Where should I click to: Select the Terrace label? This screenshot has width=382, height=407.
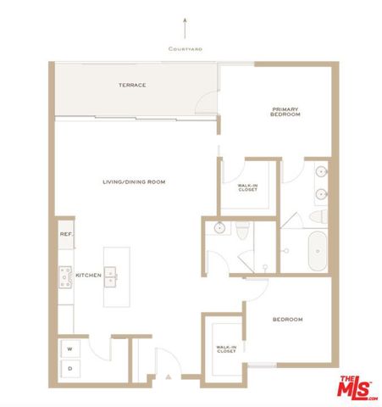pos(131,85)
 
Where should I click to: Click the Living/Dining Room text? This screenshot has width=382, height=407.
pos(133,182)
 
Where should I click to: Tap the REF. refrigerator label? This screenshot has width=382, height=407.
pos(64,235)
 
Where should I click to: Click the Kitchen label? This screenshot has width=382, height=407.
pos(89,276)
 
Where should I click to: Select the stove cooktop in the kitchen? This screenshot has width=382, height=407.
pos(64,276)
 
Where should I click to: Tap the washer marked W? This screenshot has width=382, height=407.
pos(69,348)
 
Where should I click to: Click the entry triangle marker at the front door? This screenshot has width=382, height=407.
pos(169,374)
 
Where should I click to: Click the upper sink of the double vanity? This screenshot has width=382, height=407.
pos(321,173)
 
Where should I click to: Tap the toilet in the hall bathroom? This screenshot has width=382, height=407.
pos(241,230)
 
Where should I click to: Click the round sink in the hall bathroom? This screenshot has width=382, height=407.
pos(218,227)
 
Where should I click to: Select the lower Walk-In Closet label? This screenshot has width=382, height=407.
pos(226,348)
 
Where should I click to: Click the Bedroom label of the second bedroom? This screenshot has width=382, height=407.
pos(286,320)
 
